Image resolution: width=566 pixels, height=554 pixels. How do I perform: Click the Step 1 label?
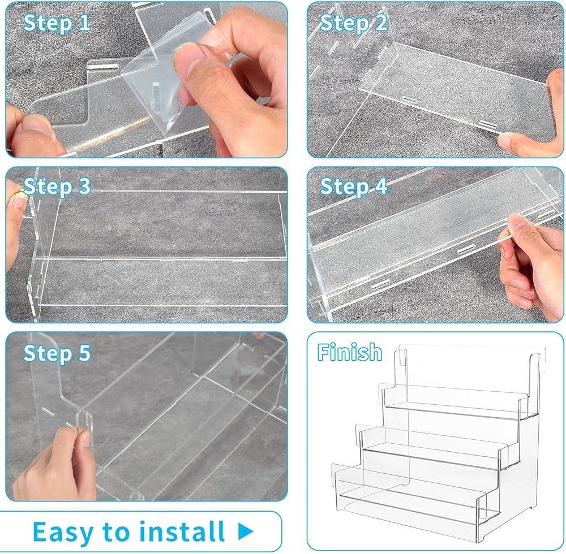(57, 23)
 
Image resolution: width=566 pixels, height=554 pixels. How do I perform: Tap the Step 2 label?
(353, 23)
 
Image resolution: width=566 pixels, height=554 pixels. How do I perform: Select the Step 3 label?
(57, 187)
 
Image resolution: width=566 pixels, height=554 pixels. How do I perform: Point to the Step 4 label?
(353, 187)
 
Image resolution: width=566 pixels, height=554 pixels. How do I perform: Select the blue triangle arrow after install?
(246, 531)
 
